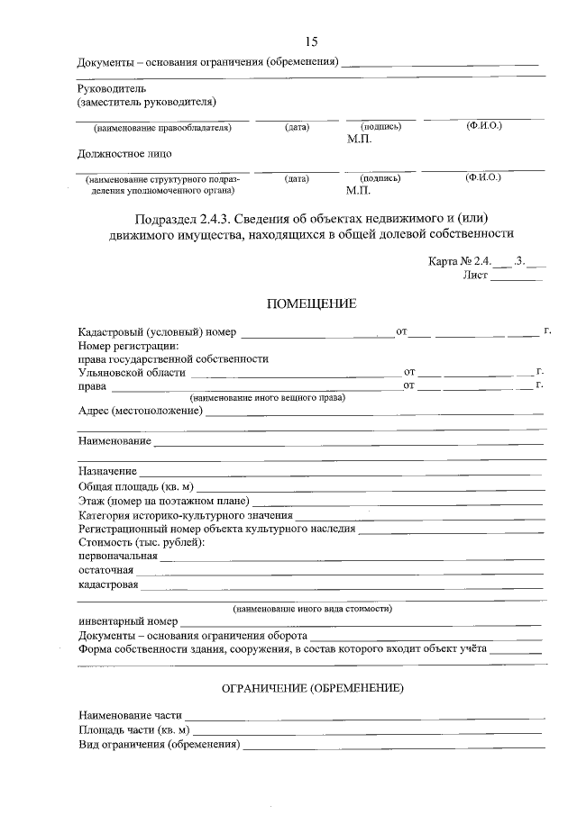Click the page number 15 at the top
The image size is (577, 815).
point(311,42)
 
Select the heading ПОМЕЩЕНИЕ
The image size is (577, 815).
point(311,304)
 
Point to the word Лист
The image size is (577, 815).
point(475,276)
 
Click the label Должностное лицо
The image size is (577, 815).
point(116,154)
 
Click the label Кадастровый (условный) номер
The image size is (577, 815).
point(158,332)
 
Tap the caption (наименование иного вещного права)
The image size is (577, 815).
point(268,397)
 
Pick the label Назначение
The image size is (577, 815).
point(107,471)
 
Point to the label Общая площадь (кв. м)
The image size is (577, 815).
point(136,485)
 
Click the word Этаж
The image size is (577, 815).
point(91,500)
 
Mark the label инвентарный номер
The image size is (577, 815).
point(128,621)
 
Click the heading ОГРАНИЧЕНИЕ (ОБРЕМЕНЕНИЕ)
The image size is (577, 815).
point(312,689)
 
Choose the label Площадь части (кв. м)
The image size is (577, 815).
point(133,730)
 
